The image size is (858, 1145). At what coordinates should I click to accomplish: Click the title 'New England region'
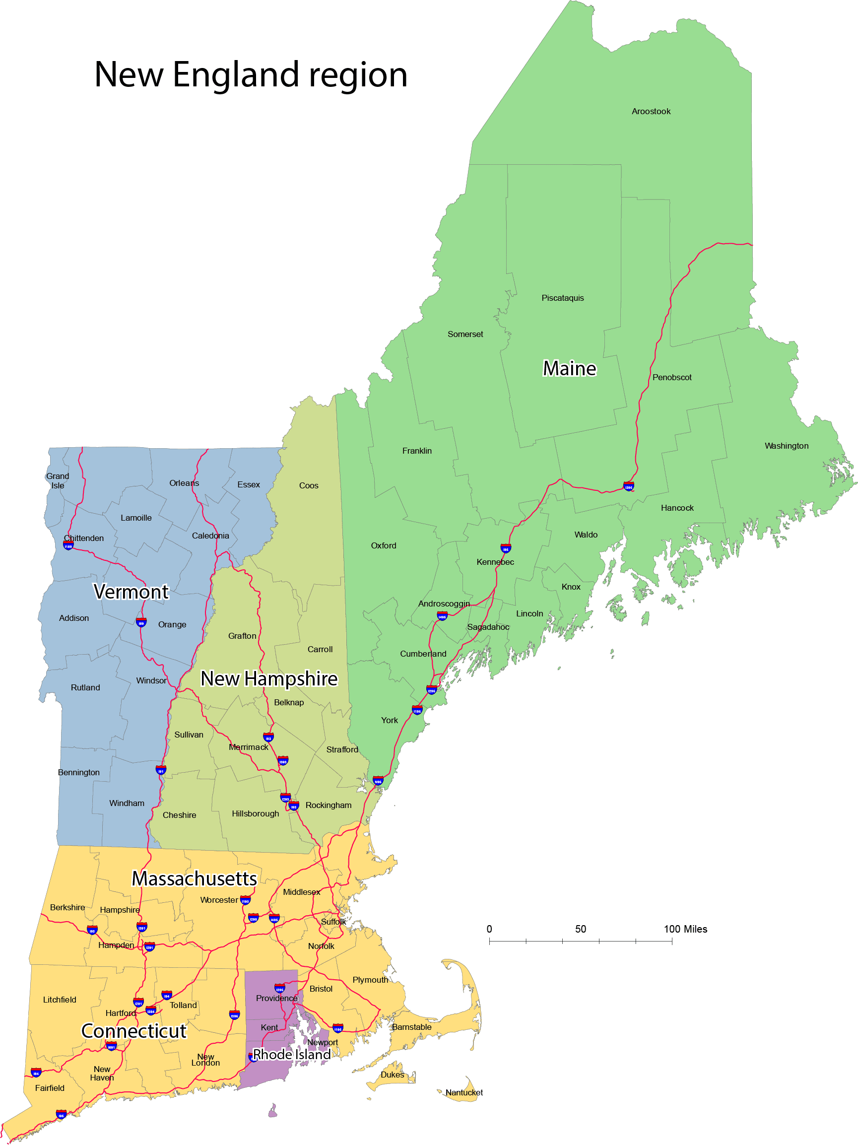(251, 74)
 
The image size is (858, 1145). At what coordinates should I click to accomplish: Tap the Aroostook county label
(651, 111)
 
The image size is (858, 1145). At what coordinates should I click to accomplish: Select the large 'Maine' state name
(569, 369)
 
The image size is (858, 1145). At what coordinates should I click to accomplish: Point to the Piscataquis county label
(562, 298)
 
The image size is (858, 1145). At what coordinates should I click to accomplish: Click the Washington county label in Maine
(786, 446)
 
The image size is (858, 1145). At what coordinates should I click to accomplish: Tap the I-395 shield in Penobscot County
(628, 486)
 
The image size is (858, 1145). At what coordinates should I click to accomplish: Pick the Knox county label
(570, 587)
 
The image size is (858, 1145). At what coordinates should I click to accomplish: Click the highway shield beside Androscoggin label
(442, 615)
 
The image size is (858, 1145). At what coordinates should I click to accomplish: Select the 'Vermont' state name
(131, 592)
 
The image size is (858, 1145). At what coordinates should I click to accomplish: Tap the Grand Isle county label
(58, 480)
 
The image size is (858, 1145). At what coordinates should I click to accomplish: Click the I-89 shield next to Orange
(141, 622)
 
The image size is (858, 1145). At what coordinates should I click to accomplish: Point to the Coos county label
(309, 485)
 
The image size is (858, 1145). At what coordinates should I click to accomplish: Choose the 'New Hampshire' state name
(268, 678)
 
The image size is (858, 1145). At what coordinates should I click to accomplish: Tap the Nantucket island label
(463, 1092)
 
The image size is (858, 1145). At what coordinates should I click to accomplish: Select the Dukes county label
(392, 1075)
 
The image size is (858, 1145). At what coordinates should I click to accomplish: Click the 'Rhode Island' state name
(291, 1054)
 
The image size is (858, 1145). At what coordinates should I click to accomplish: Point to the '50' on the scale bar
(580, 929)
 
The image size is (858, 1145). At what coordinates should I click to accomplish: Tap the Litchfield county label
(60, 1000)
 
